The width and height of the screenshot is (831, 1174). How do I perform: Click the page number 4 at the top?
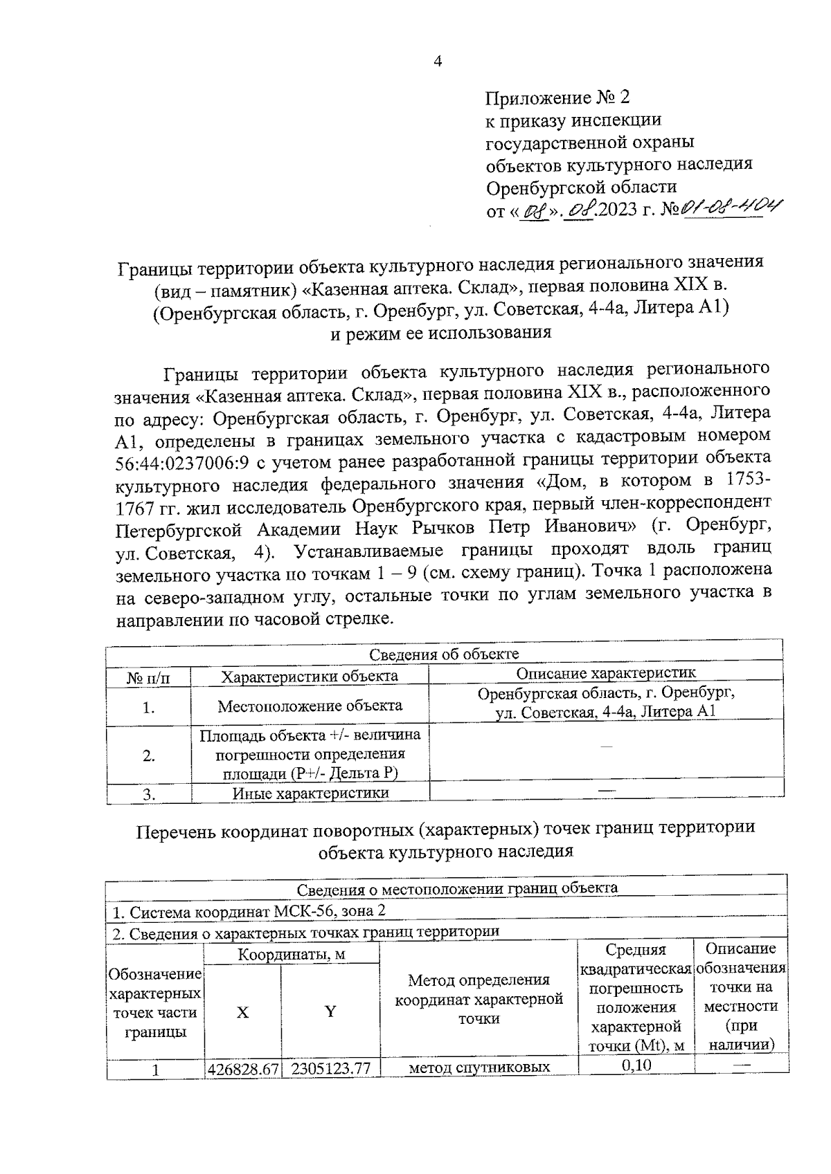click(x=437, y=62)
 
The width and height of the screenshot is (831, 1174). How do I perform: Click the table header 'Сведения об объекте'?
click(x=443, y=654)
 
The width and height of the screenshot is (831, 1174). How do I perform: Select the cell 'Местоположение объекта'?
click(x=310, y=706)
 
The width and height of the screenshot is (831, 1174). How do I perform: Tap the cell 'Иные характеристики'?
click(x=310, y=793)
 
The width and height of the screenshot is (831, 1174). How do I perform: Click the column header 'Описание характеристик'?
click(x=606, y=673)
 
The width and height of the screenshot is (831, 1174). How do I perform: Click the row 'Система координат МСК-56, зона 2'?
click(x=248, y=911)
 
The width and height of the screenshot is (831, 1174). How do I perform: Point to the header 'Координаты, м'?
click(x=292, y=955)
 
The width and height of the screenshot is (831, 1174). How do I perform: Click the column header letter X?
click(x=242, y=1012)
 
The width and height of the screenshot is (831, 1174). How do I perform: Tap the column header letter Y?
click(x=330, y=1011)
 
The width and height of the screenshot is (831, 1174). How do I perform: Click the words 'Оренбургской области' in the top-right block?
click(x=581, y=187)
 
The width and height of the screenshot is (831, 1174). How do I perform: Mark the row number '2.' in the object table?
click(x=148, y=755)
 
